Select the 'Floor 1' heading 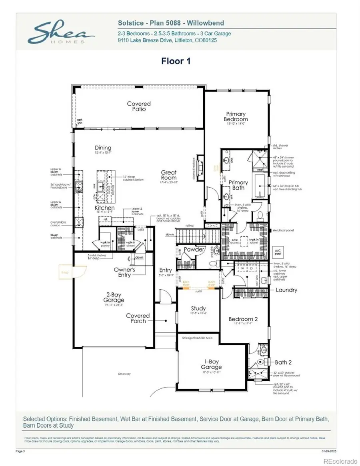176,61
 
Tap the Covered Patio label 139,106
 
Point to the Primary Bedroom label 236,116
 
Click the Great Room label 169,175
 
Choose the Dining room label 103,148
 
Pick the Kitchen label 104,208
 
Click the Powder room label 194,249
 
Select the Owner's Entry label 124,272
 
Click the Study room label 198,308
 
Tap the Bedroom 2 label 243,319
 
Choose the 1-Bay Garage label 211,364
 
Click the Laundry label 286,290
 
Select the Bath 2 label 283,362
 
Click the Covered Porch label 138,318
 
